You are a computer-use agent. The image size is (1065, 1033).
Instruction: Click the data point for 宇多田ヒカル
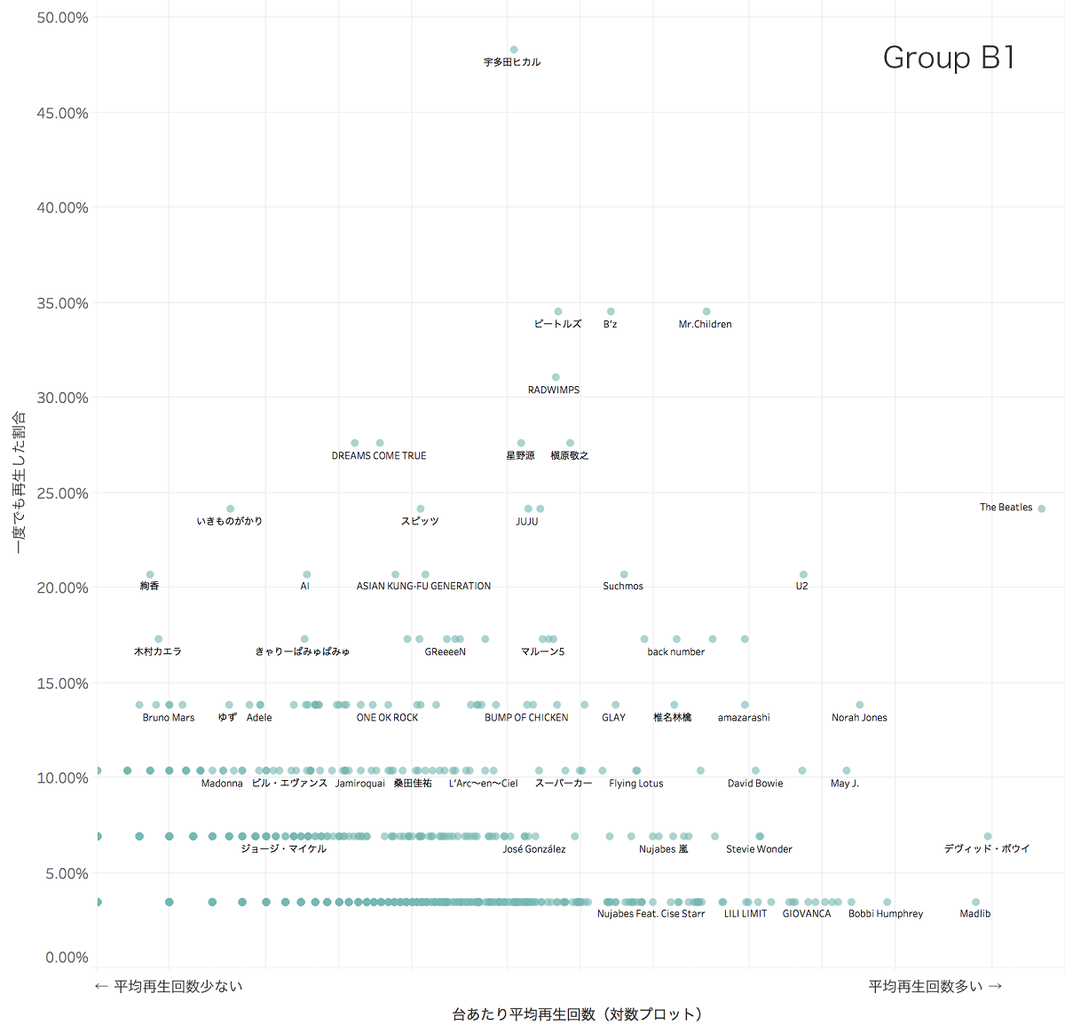[x=514, y=50]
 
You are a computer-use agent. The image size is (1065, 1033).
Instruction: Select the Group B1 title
[x=948, y=58]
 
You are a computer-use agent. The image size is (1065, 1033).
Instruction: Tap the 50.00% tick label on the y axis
[x=62, y=18]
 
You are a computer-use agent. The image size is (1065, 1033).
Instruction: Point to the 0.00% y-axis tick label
[x=67, y=958]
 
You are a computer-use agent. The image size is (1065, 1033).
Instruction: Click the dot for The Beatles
[x=1041, y=509]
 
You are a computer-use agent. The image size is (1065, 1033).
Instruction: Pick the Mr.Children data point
[x=706, y=311]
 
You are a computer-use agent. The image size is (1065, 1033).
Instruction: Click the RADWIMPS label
[x=554, y=390]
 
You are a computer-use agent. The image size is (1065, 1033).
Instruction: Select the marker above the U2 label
[x=803, y=574]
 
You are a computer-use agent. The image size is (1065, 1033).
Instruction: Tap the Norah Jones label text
[x=859, y=717]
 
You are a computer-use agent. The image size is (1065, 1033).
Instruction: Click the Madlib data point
[x=975, y=902]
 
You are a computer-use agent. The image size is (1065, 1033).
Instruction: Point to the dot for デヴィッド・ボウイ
[x=988, y=836]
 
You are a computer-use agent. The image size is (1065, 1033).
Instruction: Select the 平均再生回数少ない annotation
[x=169, y=986]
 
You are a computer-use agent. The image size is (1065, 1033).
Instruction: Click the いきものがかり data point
[x=230, y=509]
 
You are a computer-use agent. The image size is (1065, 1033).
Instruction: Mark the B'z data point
[x=611, y=311]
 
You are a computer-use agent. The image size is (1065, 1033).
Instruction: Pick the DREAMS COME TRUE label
[x=379, y=455]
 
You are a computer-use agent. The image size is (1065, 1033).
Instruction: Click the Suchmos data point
[x=624, y=574]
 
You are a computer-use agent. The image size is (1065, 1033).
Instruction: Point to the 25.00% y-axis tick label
[x=62, y=493]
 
